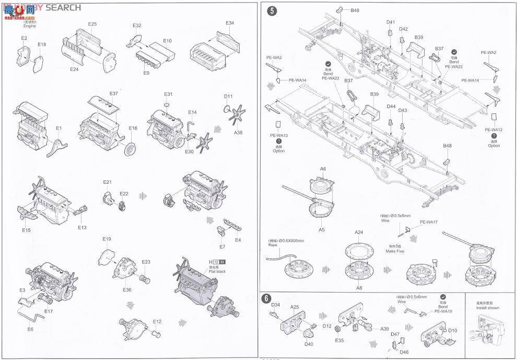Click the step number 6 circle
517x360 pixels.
click(266, 299)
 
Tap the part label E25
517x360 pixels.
click(92, 24)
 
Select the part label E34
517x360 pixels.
click(230, 23)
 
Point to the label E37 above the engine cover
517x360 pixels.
click(114, 94)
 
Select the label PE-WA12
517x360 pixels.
click(494, 130)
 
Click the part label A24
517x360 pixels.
click(359, 232)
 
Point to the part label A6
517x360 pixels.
click(323, 169)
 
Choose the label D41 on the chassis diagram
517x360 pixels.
click(391, 22)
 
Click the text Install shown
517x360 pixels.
click(487, 308)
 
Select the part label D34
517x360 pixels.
click(276, 305)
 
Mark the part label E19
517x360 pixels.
click(107, 239)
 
